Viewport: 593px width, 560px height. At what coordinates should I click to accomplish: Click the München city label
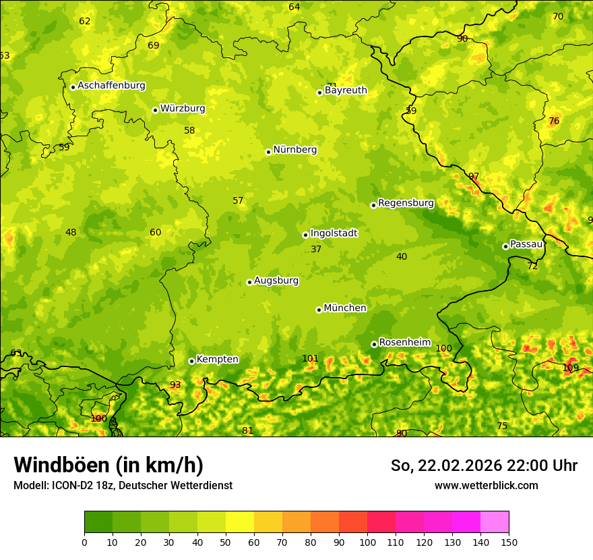345,308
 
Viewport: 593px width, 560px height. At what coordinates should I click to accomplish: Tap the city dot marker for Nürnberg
268,152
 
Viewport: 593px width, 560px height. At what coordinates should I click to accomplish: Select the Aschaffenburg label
111,86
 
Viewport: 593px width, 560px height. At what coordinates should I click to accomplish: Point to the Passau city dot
505,246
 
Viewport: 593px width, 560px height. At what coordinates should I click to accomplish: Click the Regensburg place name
406,203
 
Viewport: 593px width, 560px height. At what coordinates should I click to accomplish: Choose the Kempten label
217,360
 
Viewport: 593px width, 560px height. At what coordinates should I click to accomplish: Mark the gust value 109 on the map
570,368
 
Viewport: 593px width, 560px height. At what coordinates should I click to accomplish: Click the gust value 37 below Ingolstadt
316,250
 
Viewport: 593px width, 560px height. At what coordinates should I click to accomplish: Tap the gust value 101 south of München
310,359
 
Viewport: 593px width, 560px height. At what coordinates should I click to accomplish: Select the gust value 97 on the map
474,177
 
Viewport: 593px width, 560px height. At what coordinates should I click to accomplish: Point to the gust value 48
71,233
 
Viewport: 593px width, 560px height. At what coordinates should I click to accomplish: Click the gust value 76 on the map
554,121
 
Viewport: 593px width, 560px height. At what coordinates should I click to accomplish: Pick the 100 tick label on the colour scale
367,542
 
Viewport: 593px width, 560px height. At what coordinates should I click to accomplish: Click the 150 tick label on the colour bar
509,542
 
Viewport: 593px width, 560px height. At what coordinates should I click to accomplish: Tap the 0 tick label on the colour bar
84,542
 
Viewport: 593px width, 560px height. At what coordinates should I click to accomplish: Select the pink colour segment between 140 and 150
495,522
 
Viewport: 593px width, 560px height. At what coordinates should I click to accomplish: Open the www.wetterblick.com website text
486,486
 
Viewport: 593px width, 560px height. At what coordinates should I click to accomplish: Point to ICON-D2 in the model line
71,486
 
